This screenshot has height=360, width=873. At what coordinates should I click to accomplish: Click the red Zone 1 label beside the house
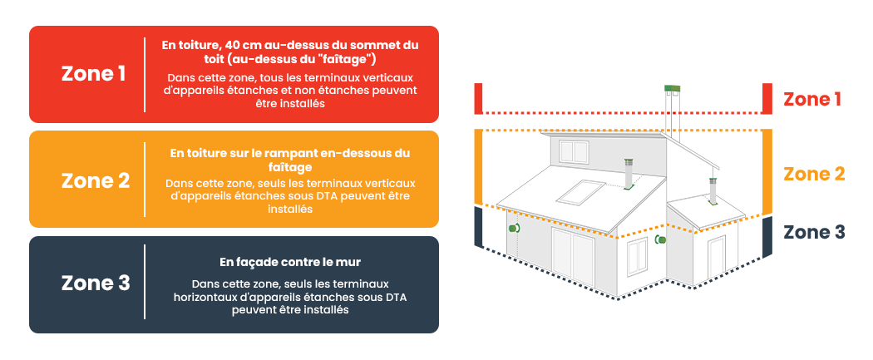(812, 100)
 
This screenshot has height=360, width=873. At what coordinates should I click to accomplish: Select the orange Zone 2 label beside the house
(814, 174)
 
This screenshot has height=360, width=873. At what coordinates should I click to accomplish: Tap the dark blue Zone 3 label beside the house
(814, 232)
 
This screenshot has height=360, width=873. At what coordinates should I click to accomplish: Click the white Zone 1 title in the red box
(93, 73)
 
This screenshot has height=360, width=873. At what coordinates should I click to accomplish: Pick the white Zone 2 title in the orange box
(96, 180)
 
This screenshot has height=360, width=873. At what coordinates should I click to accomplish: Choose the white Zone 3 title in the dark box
(96, 284)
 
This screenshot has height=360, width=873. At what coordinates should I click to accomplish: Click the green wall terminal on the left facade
(515, 226)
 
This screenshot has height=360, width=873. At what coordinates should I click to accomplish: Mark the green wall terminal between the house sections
(661, 240)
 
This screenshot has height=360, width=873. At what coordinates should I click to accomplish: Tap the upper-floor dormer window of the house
(574, 150)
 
